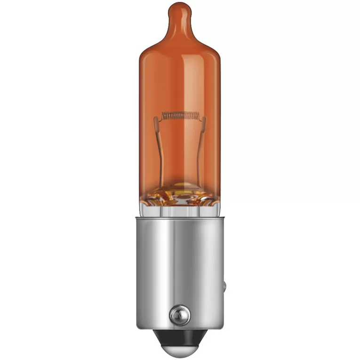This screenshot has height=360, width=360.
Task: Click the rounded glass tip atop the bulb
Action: click(180, 10)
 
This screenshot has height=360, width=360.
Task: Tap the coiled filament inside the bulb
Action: click(180, 115)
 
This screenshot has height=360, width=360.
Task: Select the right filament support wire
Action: click(202, 151)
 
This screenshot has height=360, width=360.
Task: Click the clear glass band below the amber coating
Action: click(180, 210)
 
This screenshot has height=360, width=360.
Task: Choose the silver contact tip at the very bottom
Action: click(180, 348)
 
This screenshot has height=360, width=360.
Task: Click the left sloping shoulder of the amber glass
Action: click(151, 42)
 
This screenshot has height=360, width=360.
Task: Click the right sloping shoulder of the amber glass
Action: click(209, 42)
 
